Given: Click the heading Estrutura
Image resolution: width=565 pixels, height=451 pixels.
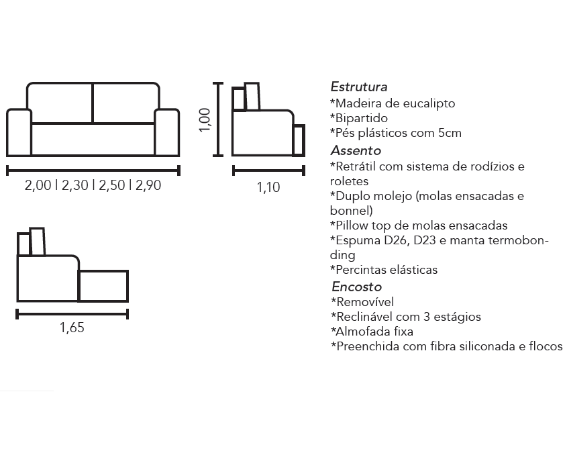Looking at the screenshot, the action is [x=359, y=87].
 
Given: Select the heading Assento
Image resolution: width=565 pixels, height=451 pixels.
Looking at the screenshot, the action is [x=356, y=150].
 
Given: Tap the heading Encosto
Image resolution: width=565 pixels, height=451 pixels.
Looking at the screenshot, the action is [x=357, y=287].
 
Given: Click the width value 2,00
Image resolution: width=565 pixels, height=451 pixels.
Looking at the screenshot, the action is [x=38, y=185].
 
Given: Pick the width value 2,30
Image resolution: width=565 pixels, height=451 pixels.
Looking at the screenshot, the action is [x=75, y=185].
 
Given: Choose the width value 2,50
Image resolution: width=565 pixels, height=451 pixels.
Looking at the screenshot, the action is [x=111, y=185].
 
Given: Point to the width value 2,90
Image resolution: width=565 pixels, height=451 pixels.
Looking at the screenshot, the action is [x=148, y=185].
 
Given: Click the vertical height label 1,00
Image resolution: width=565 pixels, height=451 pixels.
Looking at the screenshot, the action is [x=205, y=120].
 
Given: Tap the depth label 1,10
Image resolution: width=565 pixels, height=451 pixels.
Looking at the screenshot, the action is [x=268, y=187].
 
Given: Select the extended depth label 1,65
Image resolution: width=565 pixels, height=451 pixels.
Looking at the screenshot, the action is [x=72, y=328].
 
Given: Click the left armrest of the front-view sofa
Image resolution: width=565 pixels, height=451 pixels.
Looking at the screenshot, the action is [x=19, y=132].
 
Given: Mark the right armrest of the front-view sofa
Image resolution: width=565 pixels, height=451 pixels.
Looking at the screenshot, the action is [x=167, y=132].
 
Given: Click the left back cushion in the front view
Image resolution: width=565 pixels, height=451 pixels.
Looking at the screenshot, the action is [x=60, y=103].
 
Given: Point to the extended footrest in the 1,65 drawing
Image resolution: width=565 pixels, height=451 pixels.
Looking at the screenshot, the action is [x=103, y=286].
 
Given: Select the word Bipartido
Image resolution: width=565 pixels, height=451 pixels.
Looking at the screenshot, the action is [x=362, y=118].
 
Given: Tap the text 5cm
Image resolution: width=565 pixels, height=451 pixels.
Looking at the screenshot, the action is [x=450, y=133].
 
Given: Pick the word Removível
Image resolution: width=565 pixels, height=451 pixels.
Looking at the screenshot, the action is [x=364, y=302].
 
